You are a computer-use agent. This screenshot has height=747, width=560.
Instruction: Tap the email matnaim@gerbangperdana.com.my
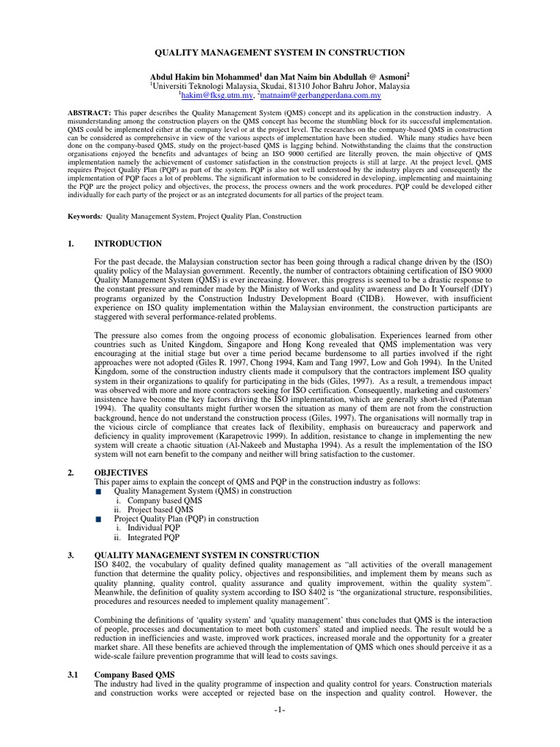pyautogui.click(x=321, y=95)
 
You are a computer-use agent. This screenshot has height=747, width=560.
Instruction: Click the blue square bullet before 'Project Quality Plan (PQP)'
pyautogui.click(x=99, y=519)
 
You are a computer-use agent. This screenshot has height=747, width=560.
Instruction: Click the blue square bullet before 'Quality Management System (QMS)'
pyautogui.click(x=99, y=492)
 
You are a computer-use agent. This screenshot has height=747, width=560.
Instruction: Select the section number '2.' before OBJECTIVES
pyautogui.click(x=71, y=473)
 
